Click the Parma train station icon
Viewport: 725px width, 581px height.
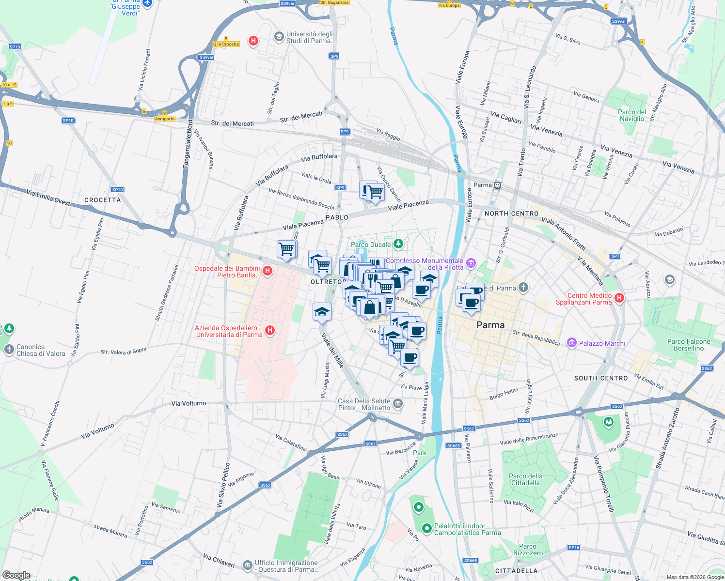tap(497, 185)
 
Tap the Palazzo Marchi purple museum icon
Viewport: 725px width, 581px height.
tap(572, 343)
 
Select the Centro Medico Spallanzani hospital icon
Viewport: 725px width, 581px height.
tap(619, 298)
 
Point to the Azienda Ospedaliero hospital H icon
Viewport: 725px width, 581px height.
tap(270, 331)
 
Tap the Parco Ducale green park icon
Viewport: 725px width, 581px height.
tap(398, 244)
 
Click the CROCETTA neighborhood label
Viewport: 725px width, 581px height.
tap(102, 200)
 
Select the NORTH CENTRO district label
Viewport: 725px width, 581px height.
tap(511, 214)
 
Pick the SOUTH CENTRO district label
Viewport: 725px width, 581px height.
tap(600, 378)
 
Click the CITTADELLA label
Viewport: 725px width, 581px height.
tap(516, 571)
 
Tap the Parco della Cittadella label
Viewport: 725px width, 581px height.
tap(525, 479)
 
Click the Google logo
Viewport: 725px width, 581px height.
tap(16, 575)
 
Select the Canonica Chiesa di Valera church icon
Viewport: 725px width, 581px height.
tap(9, 350)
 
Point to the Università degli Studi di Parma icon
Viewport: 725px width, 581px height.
tap(279, 37)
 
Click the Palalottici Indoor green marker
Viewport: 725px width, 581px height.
tap(426, 529)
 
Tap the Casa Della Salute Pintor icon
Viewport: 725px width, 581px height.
tap(397, 404)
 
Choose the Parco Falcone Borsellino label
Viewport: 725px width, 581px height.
tap(688, 345)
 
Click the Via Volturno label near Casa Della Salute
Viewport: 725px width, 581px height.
tap(189, 403)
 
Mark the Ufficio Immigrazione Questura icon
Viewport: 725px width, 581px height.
tap(247, 566)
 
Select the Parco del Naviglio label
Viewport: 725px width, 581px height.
tap(632, 115)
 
